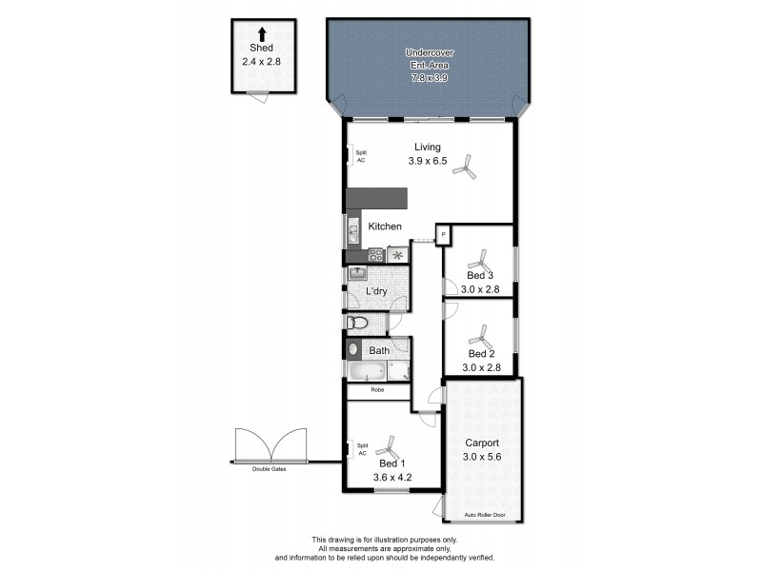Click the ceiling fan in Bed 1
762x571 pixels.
coord(388,446)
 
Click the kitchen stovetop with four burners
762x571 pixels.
coord(375,255)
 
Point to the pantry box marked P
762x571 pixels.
coord(444,235)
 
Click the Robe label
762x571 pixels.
coord(378,390)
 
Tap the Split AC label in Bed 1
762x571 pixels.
coord(361,448)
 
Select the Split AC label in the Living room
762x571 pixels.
coord(361,156)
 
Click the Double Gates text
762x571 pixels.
coord(269,469)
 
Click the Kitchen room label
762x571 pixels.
coord(385,226)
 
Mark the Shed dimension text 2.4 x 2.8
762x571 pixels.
coord(262,60)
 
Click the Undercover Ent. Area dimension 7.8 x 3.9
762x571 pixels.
coord(427,75)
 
